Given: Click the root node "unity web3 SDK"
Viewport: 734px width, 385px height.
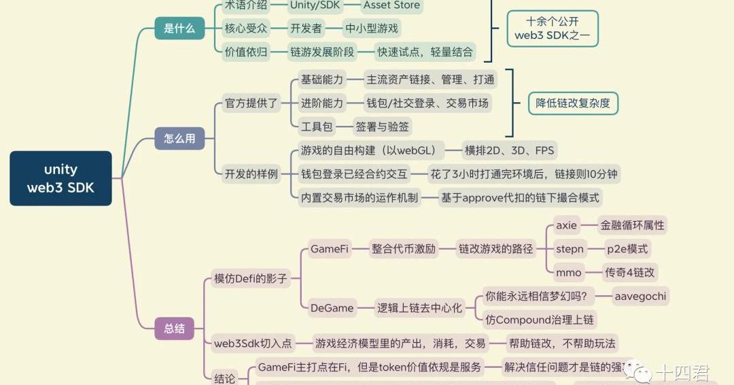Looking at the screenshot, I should coord(60,178).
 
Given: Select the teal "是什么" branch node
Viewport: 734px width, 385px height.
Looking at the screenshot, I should coord(179,29).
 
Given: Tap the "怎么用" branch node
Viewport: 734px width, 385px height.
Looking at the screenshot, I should coord(179,139).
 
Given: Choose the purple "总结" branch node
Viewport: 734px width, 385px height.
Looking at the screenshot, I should coord(175,329).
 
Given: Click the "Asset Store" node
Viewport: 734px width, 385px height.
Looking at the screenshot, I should coord(391,6).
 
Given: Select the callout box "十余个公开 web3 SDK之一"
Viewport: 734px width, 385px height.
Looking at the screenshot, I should coord(552,29).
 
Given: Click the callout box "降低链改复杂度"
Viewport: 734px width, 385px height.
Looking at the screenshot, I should coord(573,103).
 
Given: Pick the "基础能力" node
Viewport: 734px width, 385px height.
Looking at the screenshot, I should coord(322,80).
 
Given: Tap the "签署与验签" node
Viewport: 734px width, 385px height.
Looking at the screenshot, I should coord(383,127).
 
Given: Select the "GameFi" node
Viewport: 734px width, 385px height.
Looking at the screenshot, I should coord(330,249).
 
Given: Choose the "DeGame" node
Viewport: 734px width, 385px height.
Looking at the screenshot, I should coord(332,308).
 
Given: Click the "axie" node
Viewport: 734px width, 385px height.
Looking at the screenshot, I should coord(566,225).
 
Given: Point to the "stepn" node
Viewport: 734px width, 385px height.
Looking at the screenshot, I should coord(570,249).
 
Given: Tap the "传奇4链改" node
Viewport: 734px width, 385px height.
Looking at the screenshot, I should coord(630,273).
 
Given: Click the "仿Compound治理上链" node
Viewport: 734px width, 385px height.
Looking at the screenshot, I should coord(540,320).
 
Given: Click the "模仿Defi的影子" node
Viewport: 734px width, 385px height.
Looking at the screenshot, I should coord(251,278).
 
